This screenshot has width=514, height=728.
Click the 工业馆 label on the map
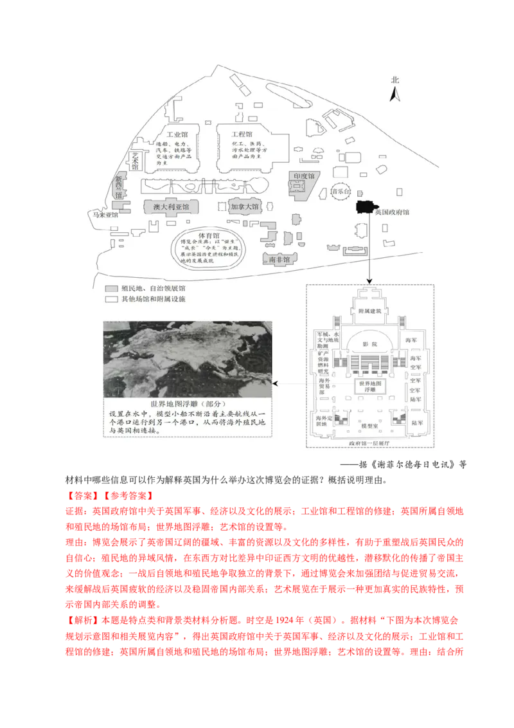click(175, 134)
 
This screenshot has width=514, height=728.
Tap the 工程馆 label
click(235, 134)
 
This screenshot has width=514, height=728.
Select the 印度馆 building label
click(304, 176)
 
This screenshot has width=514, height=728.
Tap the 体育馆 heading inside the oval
click(205, 236)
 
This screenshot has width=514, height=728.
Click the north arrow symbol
click(396, 95)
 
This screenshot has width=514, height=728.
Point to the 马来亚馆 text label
click(105, 215)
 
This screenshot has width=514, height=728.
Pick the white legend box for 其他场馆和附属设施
click(111, 300)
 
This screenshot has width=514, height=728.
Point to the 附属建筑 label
click(369, 311)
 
